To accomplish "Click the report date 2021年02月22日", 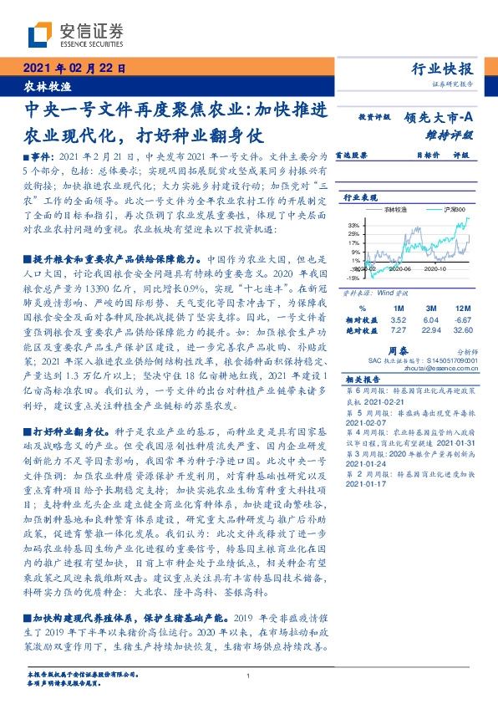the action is [x=74, y=69].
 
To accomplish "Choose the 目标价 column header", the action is [x=428, y=155].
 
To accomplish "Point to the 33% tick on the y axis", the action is [x=353, y=225].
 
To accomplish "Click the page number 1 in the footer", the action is [x=249, y=676].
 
